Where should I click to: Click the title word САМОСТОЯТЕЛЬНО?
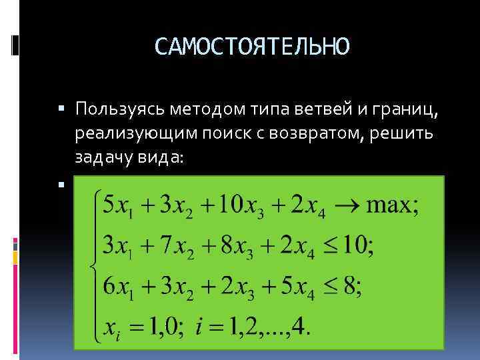pos(251,46)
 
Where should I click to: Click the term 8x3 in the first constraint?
pos(227,246)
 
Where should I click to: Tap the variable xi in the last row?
pos(113,329)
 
